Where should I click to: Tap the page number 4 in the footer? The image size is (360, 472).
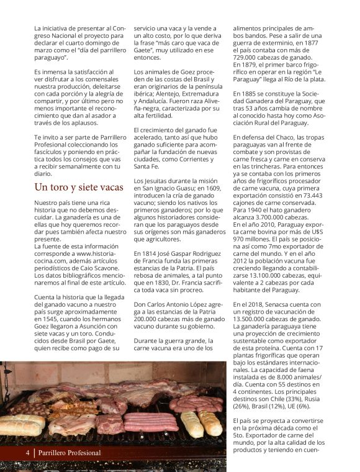(27, 453)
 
